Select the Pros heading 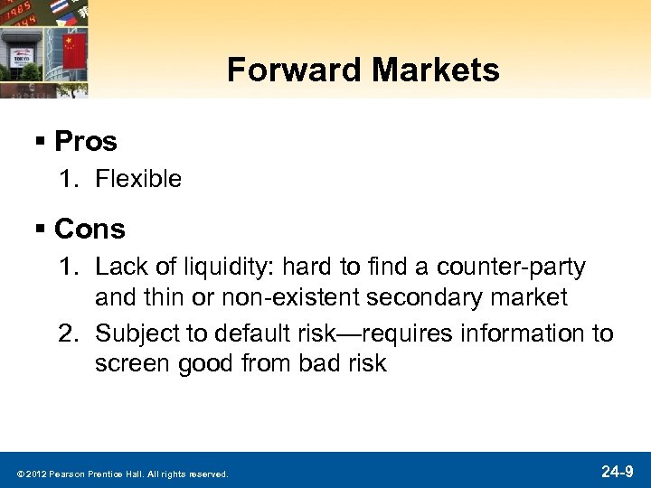point(86,141)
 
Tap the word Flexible point(138,179)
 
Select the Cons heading point(90,230)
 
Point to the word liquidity point(225,267)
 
